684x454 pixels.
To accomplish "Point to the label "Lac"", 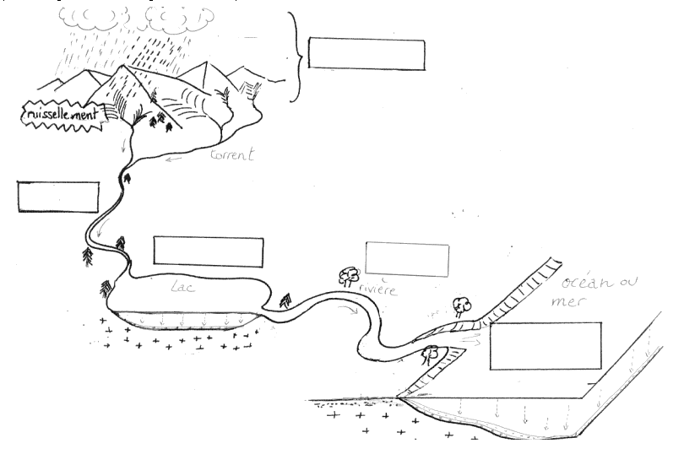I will [182, 288].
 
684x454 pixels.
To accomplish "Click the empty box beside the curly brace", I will [366, 54].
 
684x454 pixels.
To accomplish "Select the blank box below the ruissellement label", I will [57, 196].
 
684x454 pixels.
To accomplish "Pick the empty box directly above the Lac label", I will [208, 251].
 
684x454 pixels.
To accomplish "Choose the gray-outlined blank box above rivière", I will [407, 258].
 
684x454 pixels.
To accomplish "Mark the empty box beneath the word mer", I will [545, 345].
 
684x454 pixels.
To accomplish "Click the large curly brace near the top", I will [293, 57].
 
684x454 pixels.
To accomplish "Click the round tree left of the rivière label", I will [347, 274].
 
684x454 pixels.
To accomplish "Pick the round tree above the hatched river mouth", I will [460, 303].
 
